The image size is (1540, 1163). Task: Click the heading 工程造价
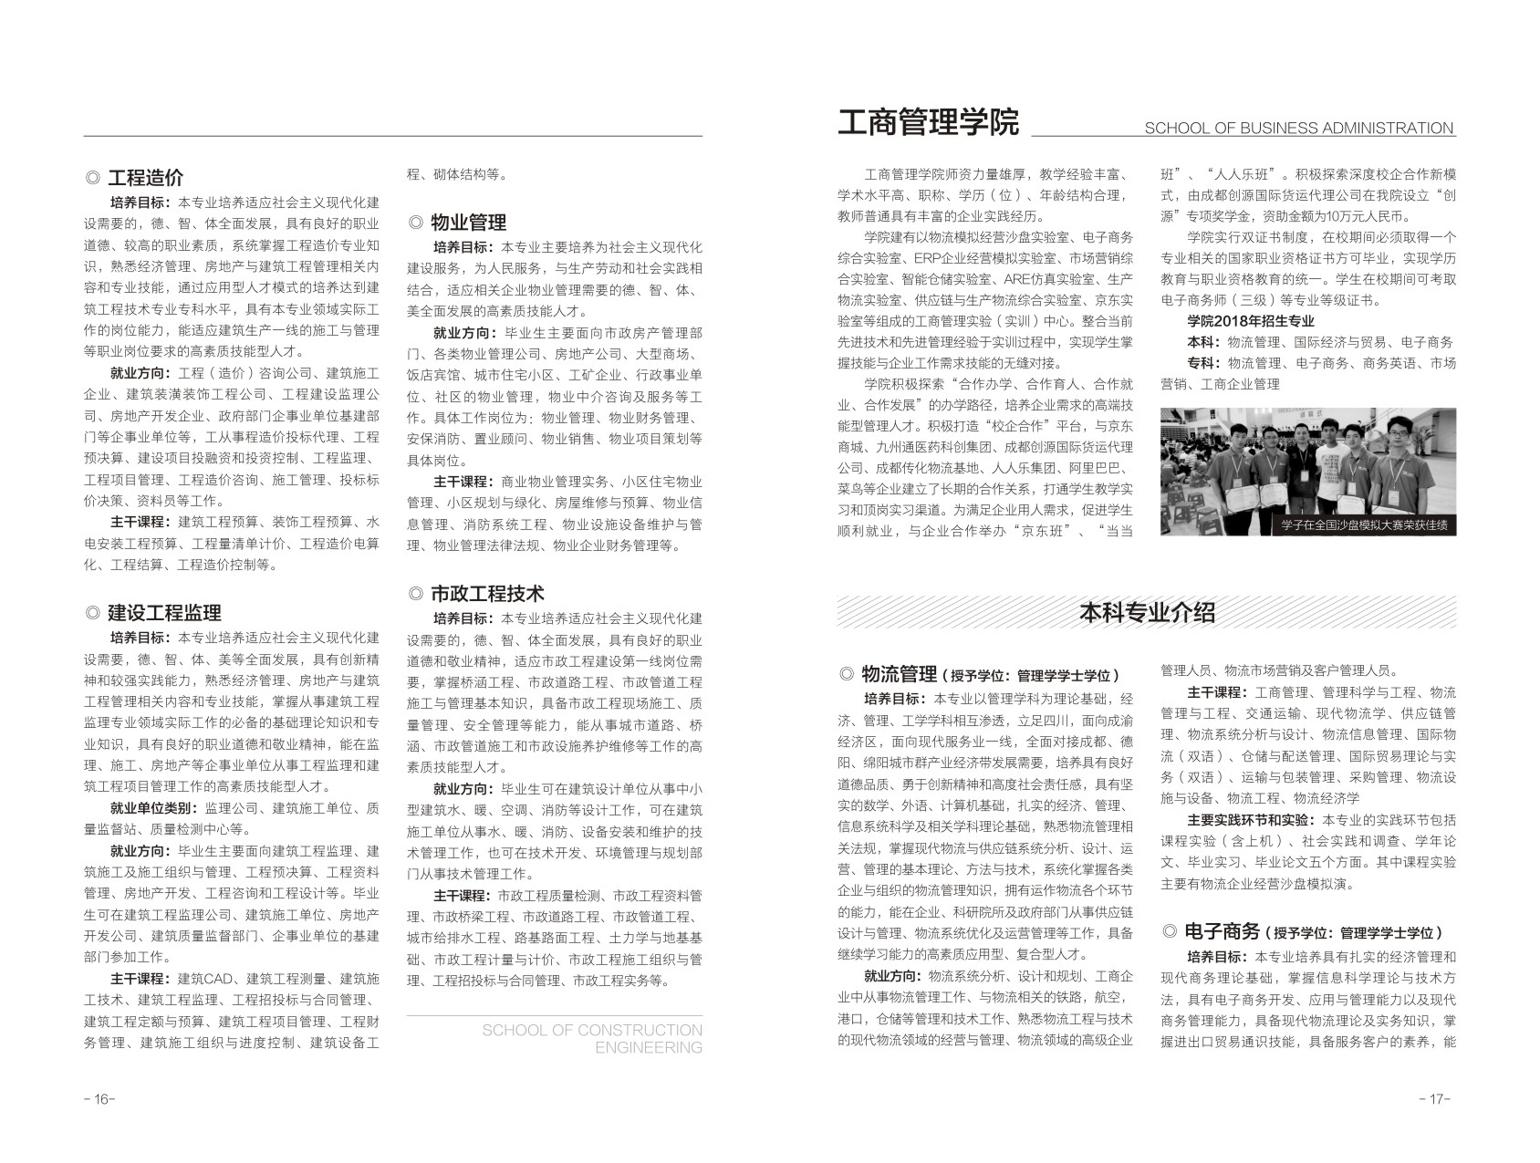(146, 178)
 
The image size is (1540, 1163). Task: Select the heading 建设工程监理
(164, 613)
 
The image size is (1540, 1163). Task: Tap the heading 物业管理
(468, 223)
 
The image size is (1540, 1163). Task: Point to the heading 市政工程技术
(487, 594)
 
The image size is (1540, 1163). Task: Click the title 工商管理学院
(928, 122)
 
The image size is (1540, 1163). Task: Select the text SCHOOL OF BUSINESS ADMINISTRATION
(1298, 129)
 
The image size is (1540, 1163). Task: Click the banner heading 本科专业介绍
(1147, 613)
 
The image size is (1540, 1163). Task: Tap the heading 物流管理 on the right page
(900, 675)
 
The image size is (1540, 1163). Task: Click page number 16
(99, 1099)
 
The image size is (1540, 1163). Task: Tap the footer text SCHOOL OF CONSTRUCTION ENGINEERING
(592, 1038)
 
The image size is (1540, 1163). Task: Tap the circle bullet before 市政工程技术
(416, 595)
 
